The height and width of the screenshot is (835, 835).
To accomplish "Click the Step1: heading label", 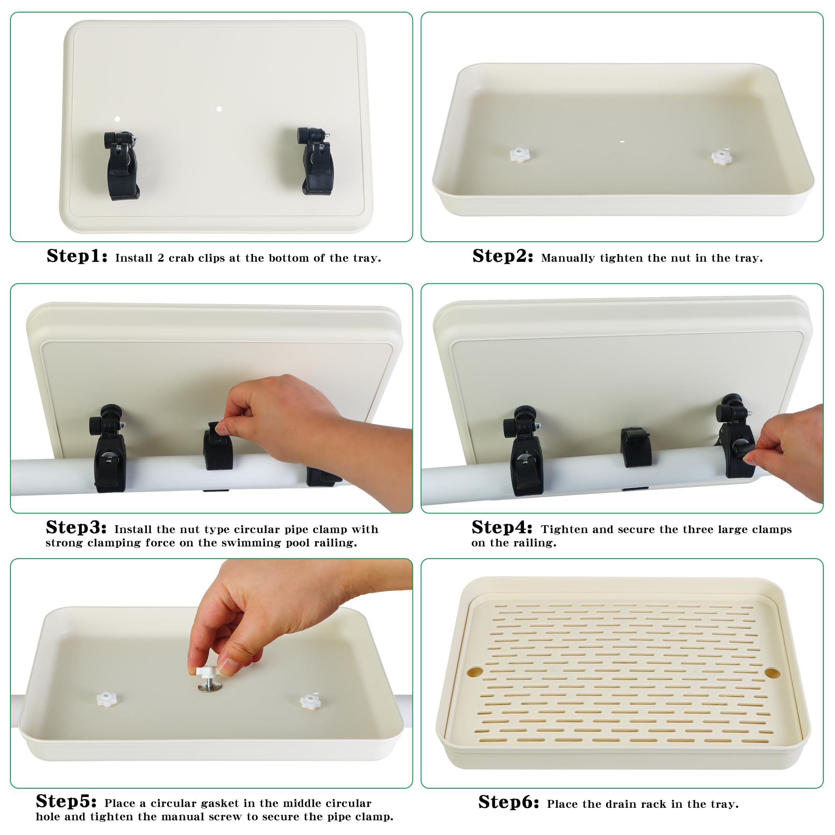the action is coord(77,256).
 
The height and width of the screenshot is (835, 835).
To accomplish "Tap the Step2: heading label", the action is coord(503,256).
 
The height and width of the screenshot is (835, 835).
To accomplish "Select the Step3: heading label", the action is coord(76,527).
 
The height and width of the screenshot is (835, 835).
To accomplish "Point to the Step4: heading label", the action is coord(502,527).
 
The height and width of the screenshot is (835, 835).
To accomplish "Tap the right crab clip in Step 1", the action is coord(315,161).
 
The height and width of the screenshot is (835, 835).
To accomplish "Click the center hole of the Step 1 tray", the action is coord(219,109).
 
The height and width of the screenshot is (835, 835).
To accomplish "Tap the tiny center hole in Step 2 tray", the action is coord(622,142).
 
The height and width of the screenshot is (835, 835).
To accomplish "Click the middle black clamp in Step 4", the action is coord(636,447).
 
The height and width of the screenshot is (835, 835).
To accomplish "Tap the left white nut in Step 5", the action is coord(106,699).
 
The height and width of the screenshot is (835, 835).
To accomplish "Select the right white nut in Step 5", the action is coord(310,701).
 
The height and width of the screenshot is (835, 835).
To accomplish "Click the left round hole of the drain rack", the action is coord(475,671).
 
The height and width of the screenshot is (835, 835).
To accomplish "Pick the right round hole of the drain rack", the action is coord(772,673).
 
